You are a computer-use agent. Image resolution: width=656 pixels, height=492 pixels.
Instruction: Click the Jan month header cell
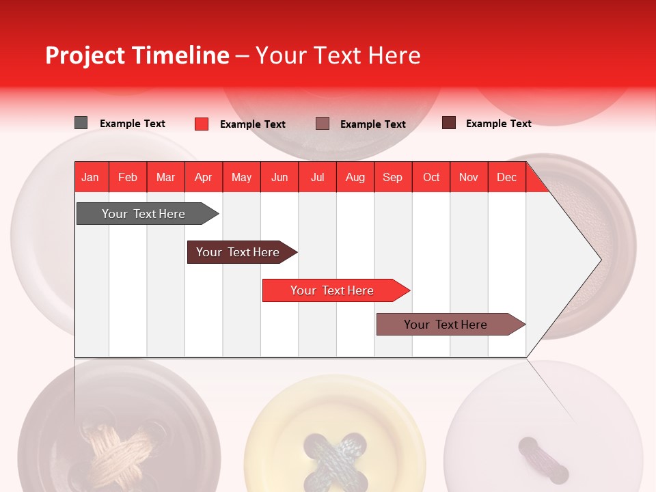click(x=91, y=177)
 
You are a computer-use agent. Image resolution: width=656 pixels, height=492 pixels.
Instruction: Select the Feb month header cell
click(x=128, y=177)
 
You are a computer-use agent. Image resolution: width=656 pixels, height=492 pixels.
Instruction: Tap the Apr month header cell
click(x=204, y=177)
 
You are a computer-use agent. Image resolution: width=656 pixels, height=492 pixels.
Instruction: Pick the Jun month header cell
click(x=279, y=177)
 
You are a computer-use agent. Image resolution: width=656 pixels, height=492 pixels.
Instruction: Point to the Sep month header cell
click(x=393, y=177)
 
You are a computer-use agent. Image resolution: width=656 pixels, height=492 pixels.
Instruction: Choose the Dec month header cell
click(x=506, y=177)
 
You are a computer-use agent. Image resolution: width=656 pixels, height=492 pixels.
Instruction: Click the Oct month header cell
click(x=431, y=177)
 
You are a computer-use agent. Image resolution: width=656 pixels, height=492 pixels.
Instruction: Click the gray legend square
click(x=81, y=123)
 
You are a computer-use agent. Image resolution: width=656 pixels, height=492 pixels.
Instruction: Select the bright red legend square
click(x=202, y=124)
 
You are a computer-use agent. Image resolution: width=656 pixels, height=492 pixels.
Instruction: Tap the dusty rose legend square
click(x=323, y=123)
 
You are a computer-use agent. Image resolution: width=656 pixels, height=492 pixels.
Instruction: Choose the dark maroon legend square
click(x=449, y=123)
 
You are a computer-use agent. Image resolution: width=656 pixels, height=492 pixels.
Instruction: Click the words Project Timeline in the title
click(x=137, y=55)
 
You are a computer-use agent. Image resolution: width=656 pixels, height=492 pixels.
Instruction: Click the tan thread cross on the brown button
click(x=116, y=444)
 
